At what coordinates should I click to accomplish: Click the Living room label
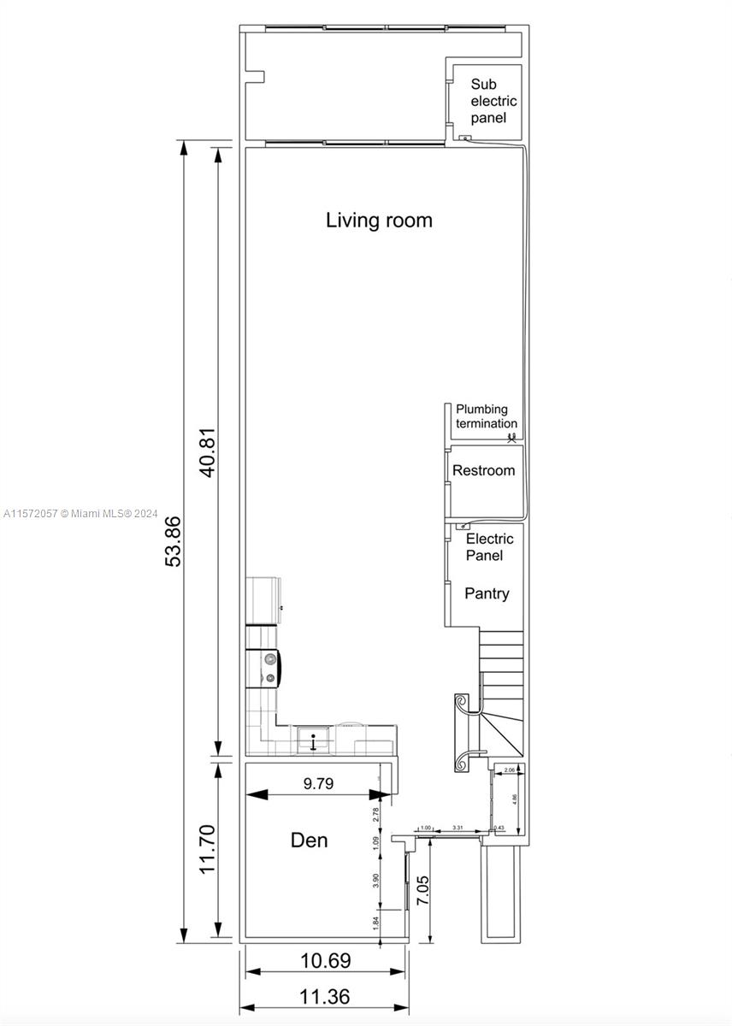coord(379,220)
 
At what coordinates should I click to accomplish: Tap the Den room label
coord(309,840)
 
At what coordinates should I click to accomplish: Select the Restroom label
coord(483,470)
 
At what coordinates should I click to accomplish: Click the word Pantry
coord(487,593)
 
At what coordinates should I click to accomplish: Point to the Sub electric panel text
coord(493,101)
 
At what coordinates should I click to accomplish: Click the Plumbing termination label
coord(486,416)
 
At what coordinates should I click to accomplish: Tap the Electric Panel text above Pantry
coord(489,547)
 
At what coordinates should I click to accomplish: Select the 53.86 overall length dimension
coord(174,540)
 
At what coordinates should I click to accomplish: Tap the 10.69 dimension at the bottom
coord(325,961)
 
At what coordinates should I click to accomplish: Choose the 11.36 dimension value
coord(325,997)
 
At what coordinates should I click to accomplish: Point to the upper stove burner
coord(270,658)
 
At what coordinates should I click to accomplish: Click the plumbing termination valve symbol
coord(511,439)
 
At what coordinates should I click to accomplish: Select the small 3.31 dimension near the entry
coord(457,828)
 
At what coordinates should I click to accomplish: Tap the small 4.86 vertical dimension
coord(514,799)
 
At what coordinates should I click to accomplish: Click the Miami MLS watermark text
coord(81,514)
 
